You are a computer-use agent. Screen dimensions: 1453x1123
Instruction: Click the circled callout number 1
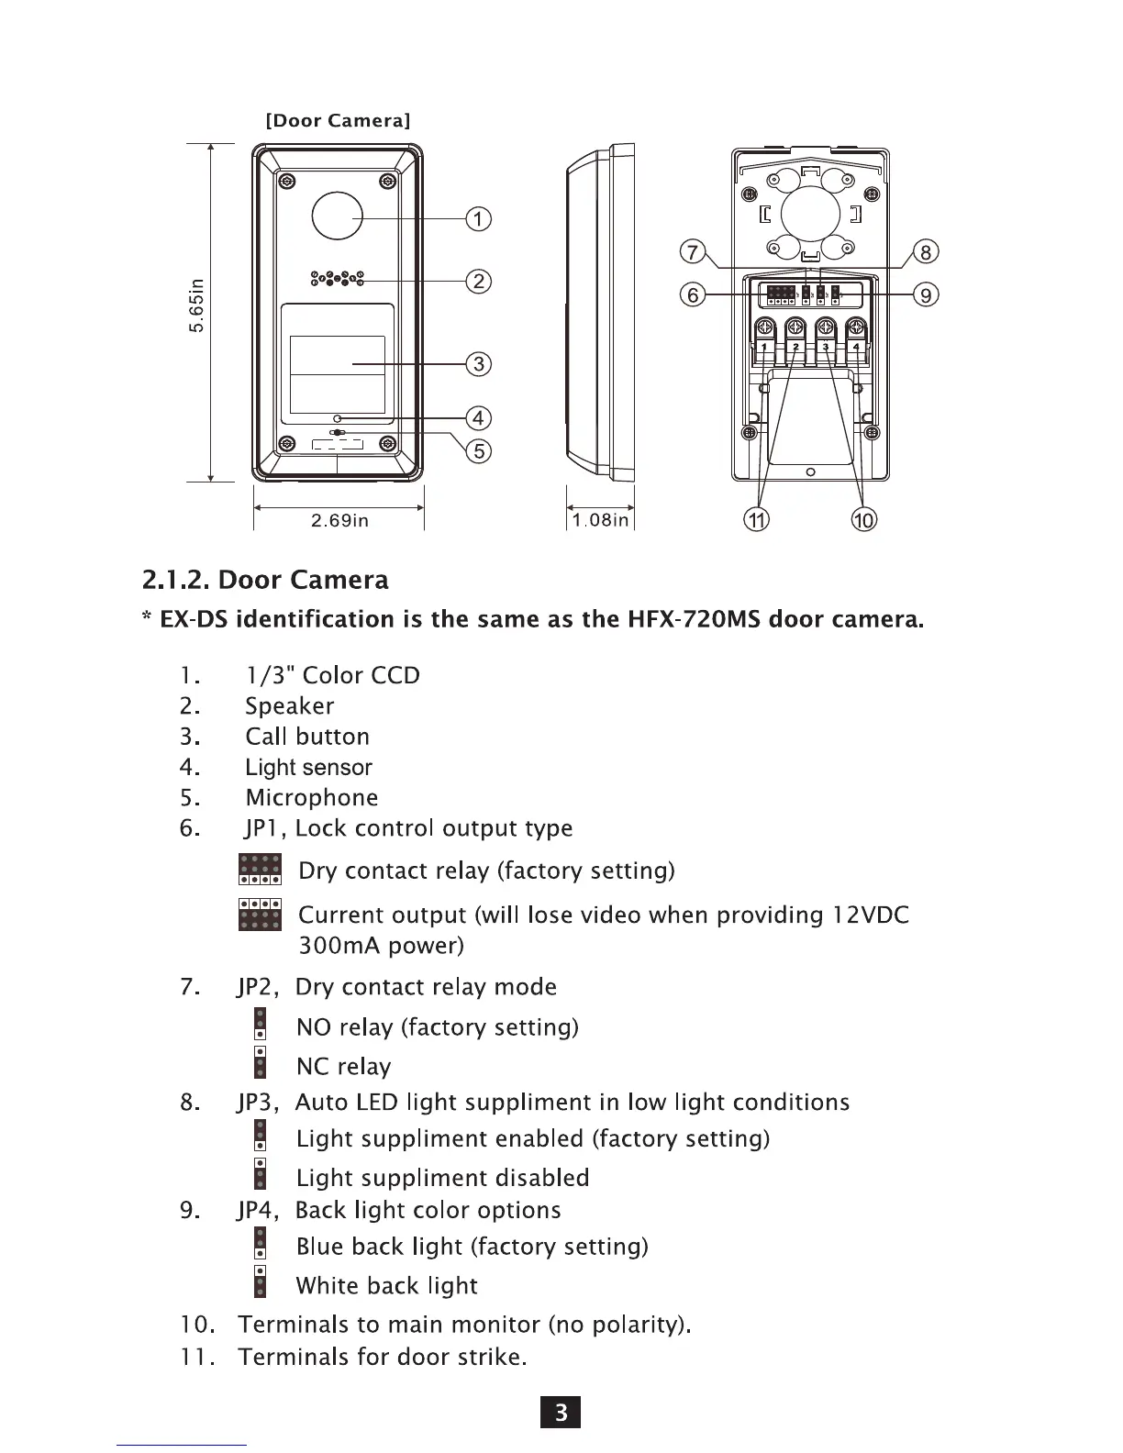[479, 219]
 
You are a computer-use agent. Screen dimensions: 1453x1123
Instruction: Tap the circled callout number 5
[479, 450]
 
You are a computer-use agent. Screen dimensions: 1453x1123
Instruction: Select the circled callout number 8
[926, 252]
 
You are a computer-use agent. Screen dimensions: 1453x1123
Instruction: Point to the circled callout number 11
[756, 520]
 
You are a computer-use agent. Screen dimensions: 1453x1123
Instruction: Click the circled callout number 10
[864, 520]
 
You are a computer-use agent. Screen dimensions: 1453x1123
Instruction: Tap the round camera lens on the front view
[338, 217]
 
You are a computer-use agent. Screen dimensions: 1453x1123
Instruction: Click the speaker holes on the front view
[338, 279]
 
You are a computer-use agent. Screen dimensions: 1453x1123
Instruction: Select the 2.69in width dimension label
[339, 521]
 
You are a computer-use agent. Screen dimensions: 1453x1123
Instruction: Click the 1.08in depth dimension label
[601, 521]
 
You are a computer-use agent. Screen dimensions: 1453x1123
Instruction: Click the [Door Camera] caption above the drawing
[338, 121]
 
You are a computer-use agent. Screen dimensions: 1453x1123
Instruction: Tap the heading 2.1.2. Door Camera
[266, 580]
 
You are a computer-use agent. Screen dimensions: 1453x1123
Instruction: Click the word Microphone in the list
[312, 798]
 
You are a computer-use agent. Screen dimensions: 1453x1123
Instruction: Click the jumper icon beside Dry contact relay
[260, 869]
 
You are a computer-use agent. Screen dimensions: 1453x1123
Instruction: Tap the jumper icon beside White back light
[261, 1281]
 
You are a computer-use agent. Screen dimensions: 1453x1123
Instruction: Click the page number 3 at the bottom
[561, 1413]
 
